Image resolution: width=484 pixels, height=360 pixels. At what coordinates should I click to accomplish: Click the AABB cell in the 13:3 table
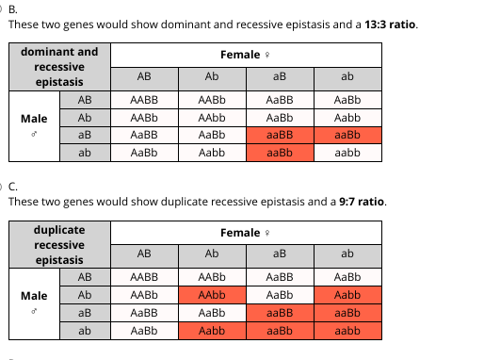coord(144,100)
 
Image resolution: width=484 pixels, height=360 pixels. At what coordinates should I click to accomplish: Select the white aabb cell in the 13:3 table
coord(347,153)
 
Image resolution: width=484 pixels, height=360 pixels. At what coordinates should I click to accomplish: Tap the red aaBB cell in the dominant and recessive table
coord(280,135)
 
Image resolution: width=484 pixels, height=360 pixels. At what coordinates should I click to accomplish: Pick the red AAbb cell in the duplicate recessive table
coord(212,295)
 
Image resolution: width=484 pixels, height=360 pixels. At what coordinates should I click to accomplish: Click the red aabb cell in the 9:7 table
coord(347,331)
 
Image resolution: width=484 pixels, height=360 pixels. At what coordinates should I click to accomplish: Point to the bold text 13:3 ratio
coord(390,25)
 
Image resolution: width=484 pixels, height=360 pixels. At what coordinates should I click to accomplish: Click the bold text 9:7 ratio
coord(362,202)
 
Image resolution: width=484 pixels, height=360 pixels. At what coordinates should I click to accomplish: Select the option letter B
coord(13,9)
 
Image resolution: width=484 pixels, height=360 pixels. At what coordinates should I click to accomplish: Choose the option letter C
coord(13,187)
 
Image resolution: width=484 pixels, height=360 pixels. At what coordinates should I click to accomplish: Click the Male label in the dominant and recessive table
coord(34,119)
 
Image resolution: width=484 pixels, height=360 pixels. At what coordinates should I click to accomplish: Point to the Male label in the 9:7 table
coord(34,296)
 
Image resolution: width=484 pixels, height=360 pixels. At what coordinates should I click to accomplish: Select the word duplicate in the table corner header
coord(59,230)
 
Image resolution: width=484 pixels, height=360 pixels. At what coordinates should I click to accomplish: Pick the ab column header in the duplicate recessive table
coord(347,254)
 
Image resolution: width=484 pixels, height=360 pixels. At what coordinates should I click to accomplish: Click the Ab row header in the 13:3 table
coord(85,118)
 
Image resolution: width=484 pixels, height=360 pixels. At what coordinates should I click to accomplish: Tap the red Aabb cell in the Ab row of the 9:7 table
coord(347,295)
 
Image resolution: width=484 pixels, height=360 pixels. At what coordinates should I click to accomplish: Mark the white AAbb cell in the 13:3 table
coord(212,118)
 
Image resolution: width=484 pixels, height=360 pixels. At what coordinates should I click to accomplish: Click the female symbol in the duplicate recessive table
coord(267,233)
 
